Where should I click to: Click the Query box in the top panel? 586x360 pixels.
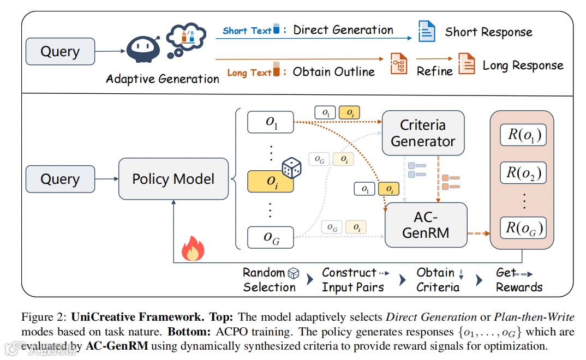pyautogui.click(x=60, y=51)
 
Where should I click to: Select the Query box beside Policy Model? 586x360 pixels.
pyautogui.click(x=60, y=179)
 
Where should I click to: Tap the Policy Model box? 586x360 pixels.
pyautogui.click(x=174, y=179)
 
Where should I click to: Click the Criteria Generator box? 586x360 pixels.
pyautogui.click(x=423, y=133)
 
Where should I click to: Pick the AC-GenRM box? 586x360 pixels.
pyautogui.click(x=426, y=225)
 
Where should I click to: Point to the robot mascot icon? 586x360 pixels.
pyautogui.click(x=143, y=49)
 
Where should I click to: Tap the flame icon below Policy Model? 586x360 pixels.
pyautogui.click(x=193, y=248)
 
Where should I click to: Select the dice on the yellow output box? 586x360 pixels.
pyautogui.click(x=291, y=167)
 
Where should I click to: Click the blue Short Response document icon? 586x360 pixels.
pyautogui.click(x=427, y=31)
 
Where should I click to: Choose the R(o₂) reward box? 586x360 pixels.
pyautogui.click(x=523, y=172)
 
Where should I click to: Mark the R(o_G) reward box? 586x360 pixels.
pyautogui.click(x=523, y=228)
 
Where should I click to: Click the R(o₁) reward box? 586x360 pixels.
pyautogui.click(x=523, y=135)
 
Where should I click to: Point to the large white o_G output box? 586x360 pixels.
pyautogui.click(x=271, y=237)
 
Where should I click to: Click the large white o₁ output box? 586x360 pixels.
pyautogui.click(x=271, y=122)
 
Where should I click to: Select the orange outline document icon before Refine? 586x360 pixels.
pyautogui.click(x=399, y=63)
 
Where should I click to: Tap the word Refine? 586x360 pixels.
pyautogui.click(x=435, y=71)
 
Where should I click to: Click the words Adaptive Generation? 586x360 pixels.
pyautogui.click(x=163, y=79)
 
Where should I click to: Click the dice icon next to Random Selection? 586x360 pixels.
pyautogui.click(x=294, y=273)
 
